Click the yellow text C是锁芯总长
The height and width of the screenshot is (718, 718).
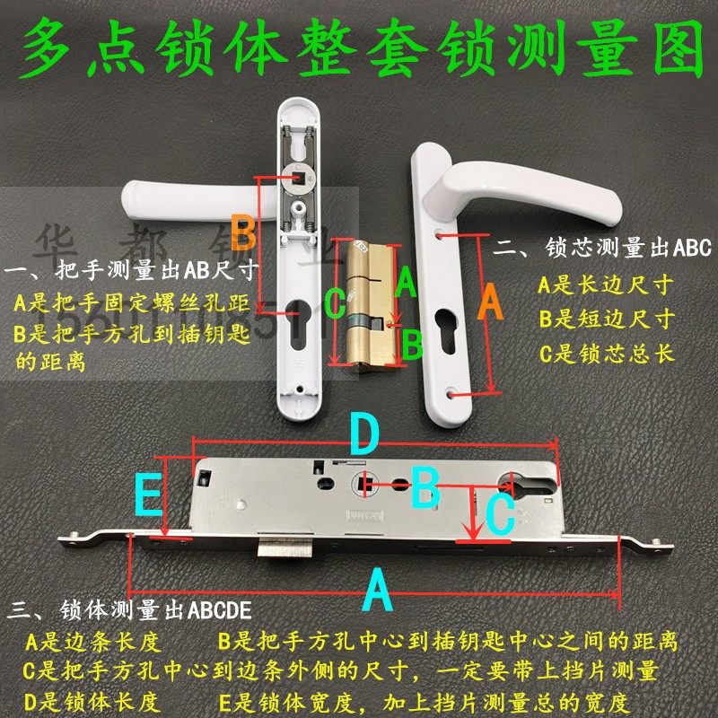coord(606,353)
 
